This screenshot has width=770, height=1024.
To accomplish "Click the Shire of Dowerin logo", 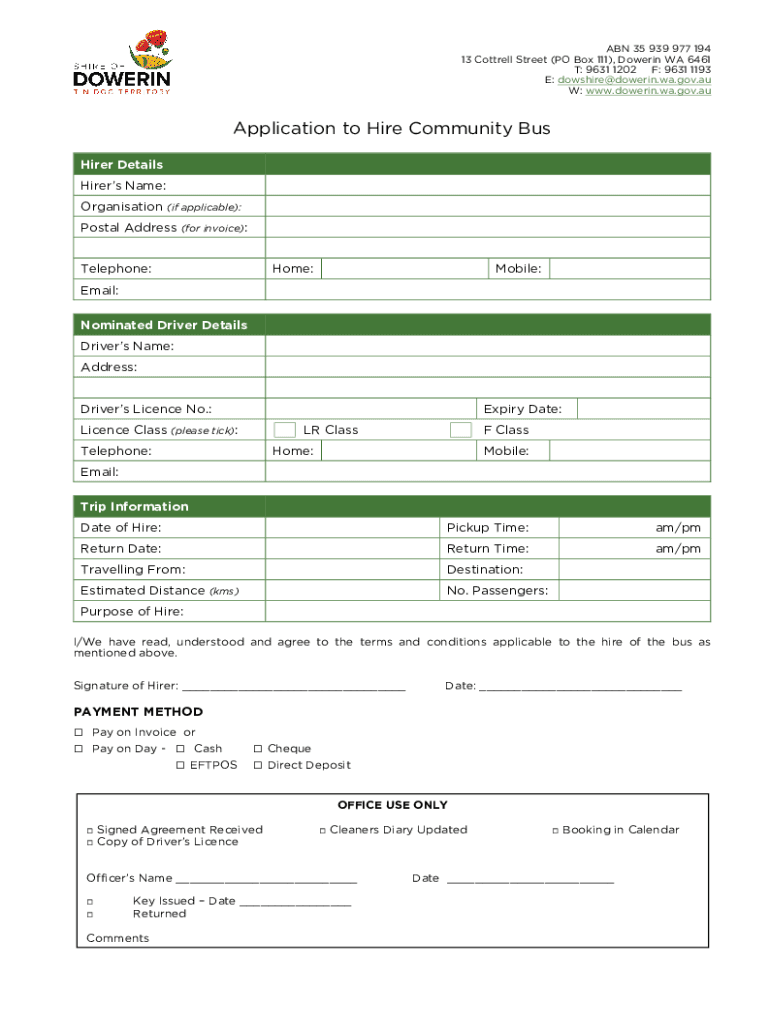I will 122,63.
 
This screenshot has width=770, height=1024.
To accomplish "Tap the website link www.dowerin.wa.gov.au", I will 648,91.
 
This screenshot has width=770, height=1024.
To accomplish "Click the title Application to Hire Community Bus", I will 392,129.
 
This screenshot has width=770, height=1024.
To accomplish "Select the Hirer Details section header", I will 122,164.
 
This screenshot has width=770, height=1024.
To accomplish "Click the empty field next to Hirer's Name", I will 487,186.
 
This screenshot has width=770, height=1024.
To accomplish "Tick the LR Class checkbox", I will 285,430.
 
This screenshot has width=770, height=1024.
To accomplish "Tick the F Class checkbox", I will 461,430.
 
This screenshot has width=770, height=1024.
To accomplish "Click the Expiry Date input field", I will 643,409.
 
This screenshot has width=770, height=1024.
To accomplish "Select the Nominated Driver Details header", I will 164,325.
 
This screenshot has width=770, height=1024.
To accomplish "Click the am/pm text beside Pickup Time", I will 678,527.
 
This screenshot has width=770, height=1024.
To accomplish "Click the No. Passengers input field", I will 634,591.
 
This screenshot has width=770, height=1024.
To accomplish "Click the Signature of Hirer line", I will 294,687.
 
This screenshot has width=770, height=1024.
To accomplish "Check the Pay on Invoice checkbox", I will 80,733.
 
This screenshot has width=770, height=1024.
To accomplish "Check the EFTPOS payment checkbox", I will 181,766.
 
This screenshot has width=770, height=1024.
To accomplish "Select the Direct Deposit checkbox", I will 258,766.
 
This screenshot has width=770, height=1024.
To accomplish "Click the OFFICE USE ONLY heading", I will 392,805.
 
